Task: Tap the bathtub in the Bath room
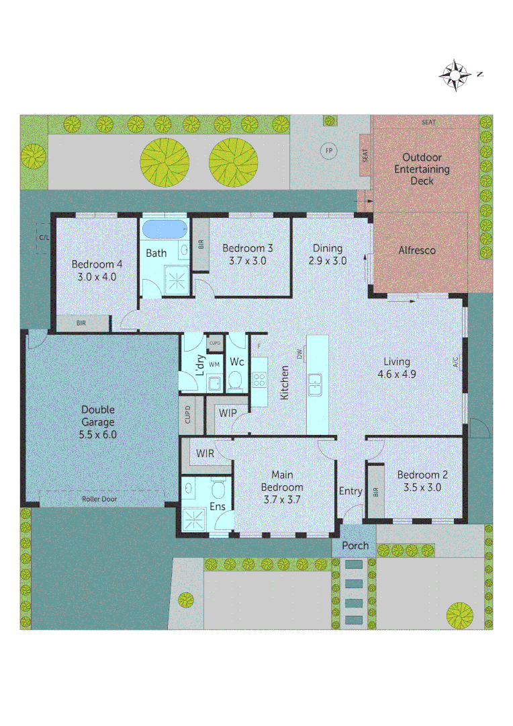coord(165,229)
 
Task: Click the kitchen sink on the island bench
coord(314,385)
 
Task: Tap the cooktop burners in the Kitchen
coord(259,378)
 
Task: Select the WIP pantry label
coord(228,412)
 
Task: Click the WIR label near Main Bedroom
coord(205,454)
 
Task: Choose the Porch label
coord(355,545)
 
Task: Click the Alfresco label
coord(417,250)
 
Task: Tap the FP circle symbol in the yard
coord(329,150)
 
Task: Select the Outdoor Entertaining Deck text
coord(422,169)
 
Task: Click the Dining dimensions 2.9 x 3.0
coord(328,261)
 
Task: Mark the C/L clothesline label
coord(44,238)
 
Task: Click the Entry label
coord(350,491)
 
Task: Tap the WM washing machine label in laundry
coord(214,364)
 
